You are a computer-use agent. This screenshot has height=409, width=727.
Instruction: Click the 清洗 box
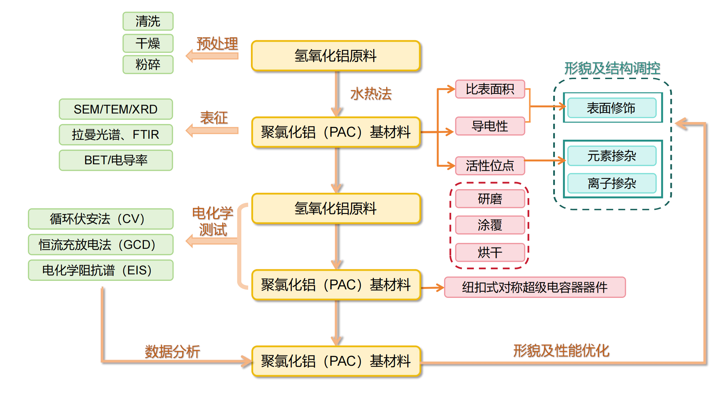pyautogui.click(x=148, y=21)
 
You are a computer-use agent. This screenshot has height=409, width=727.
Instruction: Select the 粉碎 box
pyautogui.click(x=148, y=64)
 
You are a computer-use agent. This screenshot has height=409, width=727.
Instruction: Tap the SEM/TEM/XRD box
pyautogui.click(x=116, y=109)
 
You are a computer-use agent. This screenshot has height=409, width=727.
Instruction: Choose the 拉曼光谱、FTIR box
pyautogui.click(x=116, y=135)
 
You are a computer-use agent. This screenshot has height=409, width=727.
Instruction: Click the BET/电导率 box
pyautogui.click(x=116, y=160)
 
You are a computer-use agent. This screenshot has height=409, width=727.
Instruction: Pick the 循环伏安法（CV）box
pyautogui.click(x=101, y=219)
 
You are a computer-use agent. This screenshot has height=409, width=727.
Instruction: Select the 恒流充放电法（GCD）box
pyautogui.click(x=101, y=244)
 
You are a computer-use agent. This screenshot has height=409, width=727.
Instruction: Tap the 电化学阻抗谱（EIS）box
pyautogui.click(x=101, y=270)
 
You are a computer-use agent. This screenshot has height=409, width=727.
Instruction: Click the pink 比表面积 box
pyautogui.click(x=490, y=89)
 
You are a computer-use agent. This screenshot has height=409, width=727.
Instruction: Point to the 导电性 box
pyautogui.click(x=490, y=126)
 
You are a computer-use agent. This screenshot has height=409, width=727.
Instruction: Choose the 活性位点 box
pyautogui.click(x=490, y=166)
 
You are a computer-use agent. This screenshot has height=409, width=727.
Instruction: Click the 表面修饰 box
pyautogui.click(x=612, y=108)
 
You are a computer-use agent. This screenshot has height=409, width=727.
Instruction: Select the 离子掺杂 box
pyautogui.click(x=612, y=183)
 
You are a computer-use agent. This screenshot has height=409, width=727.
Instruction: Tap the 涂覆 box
pyautogui.click(x=490, y=225)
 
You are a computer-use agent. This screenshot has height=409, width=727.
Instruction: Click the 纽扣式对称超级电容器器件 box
pyautogui.click(x=535, y=287)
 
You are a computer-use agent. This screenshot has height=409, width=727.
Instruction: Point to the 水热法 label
pyautogui.click(x=371, y=94)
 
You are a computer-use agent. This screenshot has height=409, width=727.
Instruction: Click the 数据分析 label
pyautogui.click(x=172, y=351)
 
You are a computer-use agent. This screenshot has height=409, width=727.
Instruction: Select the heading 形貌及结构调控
pyautogui.click(x=612, y=69)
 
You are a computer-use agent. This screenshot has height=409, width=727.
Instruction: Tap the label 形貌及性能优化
pyautogui.click(x=561, y=350)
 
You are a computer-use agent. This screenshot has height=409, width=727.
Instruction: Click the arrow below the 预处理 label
pyautogui.click(x=212, y=56)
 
